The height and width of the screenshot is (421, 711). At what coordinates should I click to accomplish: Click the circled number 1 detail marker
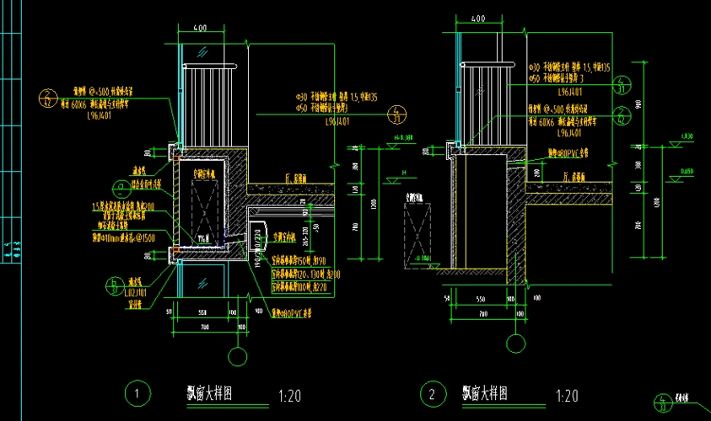click(137, 393)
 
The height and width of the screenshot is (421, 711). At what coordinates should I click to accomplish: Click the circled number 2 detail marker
click(433, 393)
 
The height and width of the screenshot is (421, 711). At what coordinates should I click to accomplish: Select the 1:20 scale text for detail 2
click(567, 394)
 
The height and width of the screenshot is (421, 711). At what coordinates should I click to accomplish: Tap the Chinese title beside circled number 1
click(209, 392)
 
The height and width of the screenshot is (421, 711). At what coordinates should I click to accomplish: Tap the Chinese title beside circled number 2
click(484, 392)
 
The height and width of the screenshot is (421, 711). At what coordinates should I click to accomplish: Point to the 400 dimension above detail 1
click(200, 29)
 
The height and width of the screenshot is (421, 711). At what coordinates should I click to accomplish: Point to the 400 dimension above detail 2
click(477, 18)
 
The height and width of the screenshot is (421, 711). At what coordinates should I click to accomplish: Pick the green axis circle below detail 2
click(514, 343)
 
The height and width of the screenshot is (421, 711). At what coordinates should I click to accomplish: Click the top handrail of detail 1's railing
click(212, 65)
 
